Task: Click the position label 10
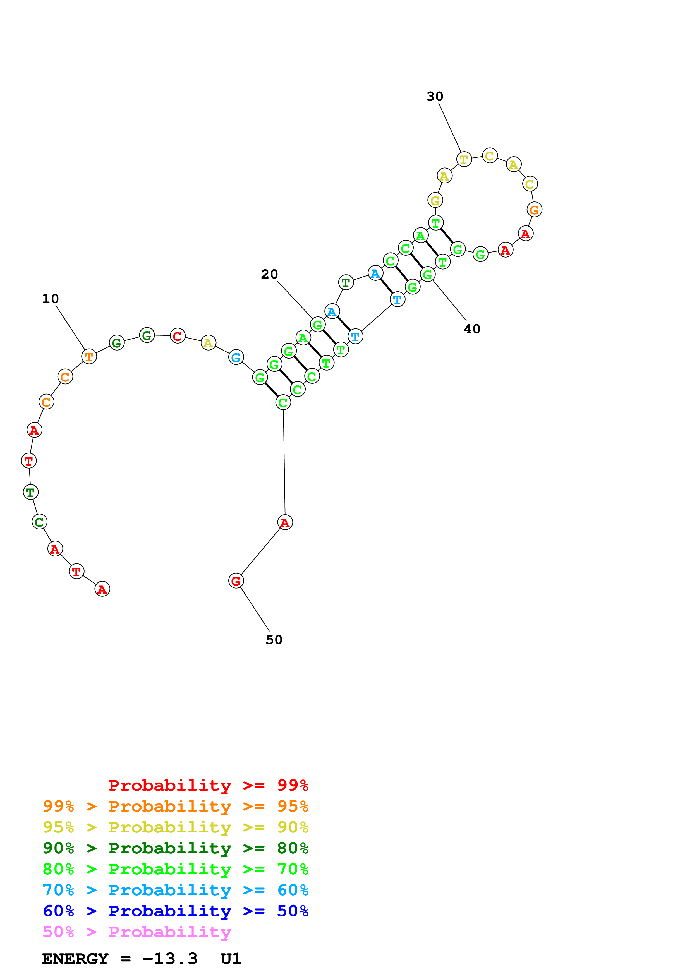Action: (50, 299)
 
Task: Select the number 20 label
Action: (269, 274)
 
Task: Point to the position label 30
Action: (435, 96)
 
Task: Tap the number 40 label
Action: (472, 329)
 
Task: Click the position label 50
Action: (274, 640)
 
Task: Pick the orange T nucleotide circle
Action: (89, 356)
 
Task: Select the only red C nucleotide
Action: (177, 336)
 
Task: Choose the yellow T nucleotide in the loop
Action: (464, 159)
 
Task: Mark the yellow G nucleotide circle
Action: (435, 200)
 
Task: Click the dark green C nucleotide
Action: (40, 522)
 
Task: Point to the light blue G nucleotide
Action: (236, 357)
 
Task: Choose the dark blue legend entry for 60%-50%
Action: (175, 911)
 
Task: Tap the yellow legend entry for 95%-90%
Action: (175, 827)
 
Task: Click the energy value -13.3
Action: (170, 959)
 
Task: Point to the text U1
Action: (231, 959)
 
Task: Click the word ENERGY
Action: (75, 959)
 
